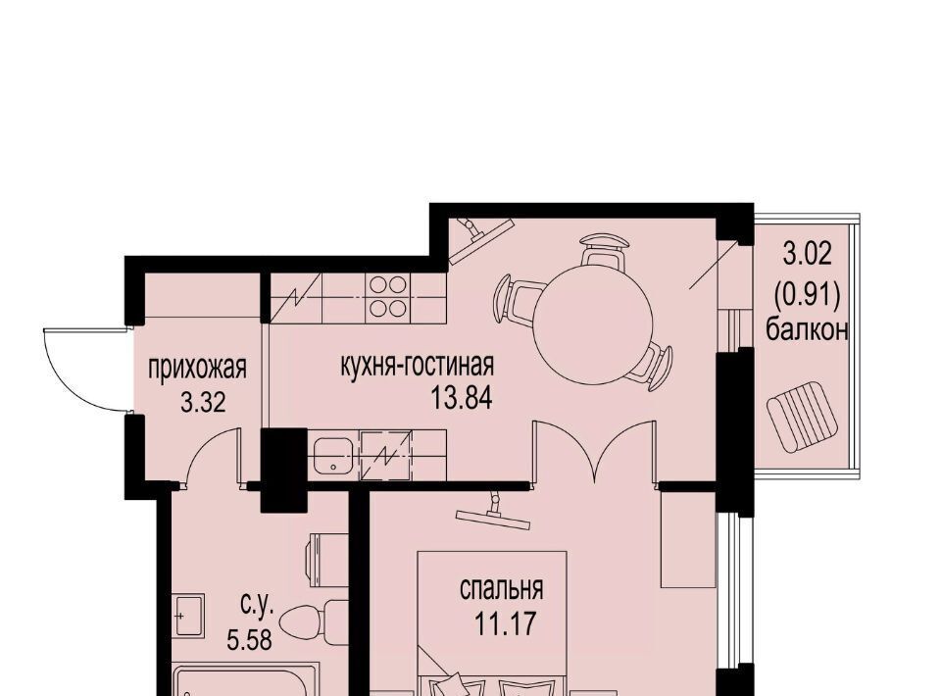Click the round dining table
click(x=592, y=325)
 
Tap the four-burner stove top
click(x=388, y=296)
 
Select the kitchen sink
click(x=333, y=456)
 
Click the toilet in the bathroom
click(x=312, y=621)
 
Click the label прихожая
click(x=197, y=368)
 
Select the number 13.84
click(x=462, y=397)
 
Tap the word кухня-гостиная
click(x=418, y=365)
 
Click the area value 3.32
click(x=203, y=402)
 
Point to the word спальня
click(x=501, y=589)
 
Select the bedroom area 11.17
click(x=505, y=624)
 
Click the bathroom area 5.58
click(x=249, y=639)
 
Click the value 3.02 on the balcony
click(x=807, y=255)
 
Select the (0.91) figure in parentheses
click(x=806, y=294)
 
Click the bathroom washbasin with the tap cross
click(x=188, y=615)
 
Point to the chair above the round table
click(x=604, y=250)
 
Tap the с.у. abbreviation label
click(x=258, y=606)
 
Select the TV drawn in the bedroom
click(x=493, y=513)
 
